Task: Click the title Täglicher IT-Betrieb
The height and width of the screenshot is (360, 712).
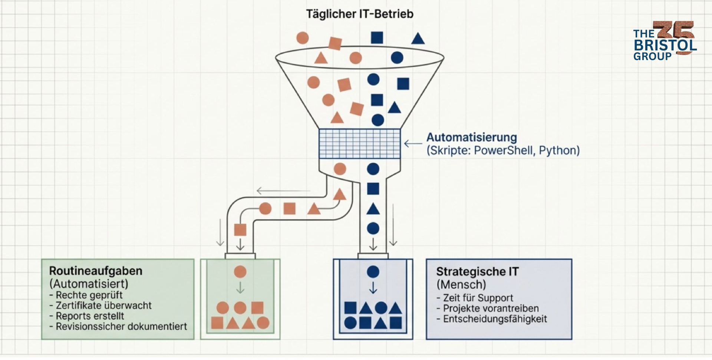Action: [x=359, y=14]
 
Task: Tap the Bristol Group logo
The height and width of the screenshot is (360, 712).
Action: [x=665, y=41]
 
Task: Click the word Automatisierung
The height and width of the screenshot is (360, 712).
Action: [x=471, y=138]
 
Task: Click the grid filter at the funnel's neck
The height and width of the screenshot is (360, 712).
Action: [x=359, y=143]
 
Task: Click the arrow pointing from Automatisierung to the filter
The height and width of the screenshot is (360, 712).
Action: [x=413, y=143]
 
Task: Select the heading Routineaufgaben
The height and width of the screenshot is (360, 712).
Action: [x=96, y=271]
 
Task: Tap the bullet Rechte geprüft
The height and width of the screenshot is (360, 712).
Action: [x=89, y=295]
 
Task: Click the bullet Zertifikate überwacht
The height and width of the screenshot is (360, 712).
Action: [x=103, y=305]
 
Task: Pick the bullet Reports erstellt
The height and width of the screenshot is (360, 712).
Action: [x=90, y=316]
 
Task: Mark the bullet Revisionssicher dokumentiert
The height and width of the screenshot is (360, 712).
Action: [x=121, y=327]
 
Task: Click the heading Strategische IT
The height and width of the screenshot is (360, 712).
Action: [x=477, y=272]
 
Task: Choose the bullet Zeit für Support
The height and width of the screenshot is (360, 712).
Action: [x=478, y=298]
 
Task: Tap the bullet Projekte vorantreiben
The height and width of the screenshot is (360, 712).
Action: [x=491, y=308]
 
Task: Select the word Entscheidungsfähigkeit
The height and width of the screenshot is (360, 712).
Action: [x=495, y=319]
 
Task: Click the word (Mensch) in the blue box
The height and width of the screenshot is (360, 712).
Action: [x=461, y=285]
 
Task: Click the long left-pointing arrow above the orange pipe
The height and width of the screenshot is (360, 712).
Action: [x=283, y=191]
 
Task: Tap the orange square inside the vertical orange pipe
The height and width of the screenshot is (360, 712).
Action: [x=240, y=230]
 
